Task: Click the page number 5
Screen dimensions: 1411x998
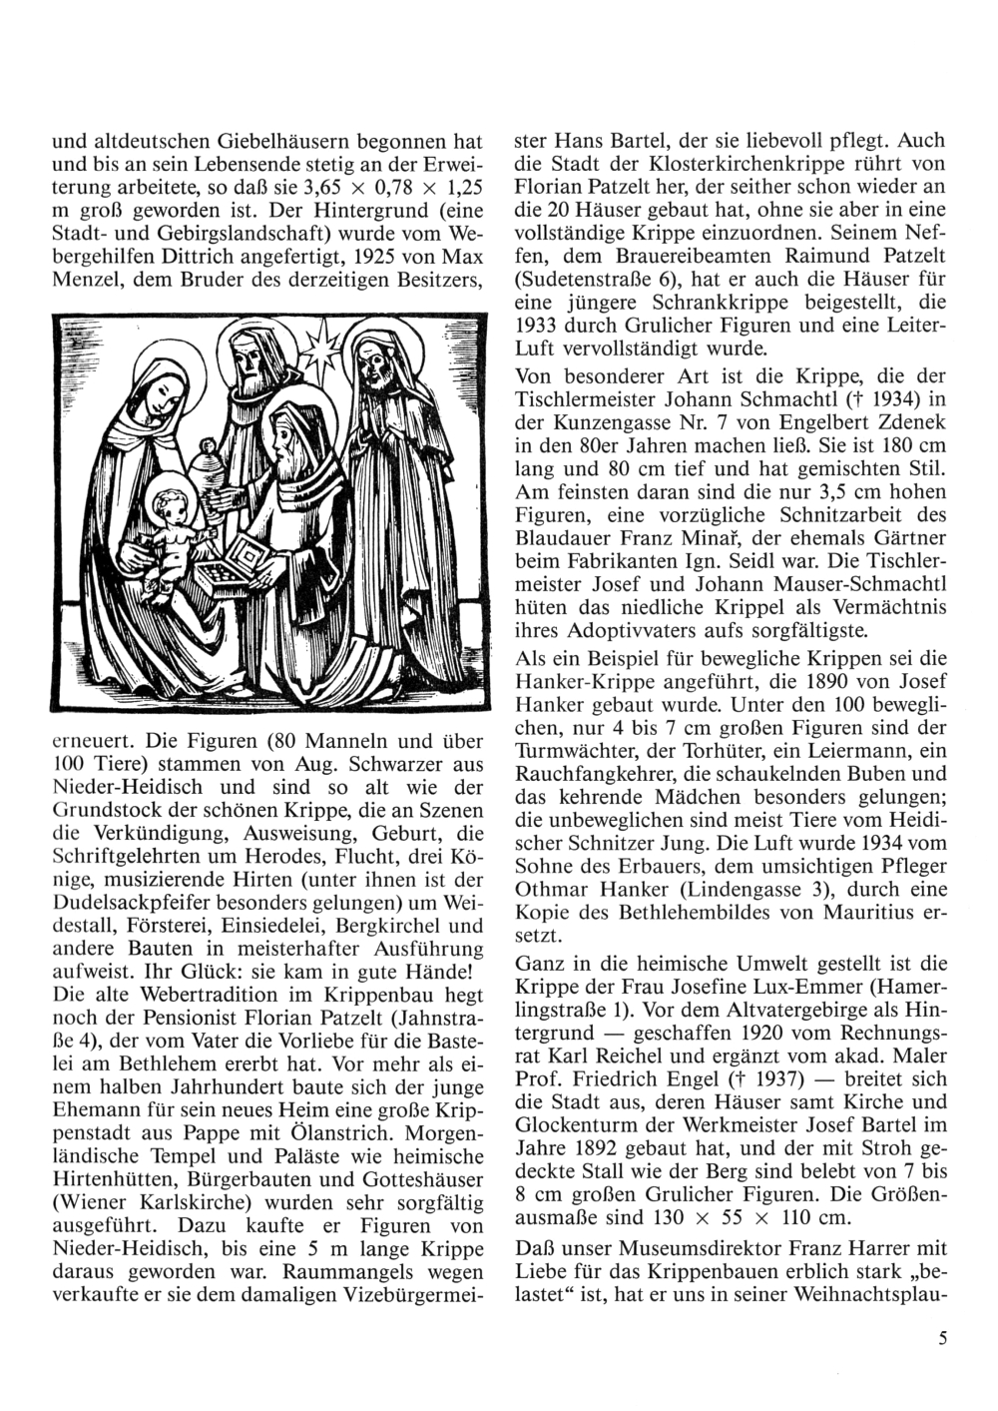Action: [x=942, y=1341]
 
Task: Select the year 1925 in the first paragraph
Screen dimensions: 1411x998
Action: [x=376, y=256]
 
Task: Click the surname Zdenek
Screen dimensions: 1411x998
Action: [x=903, y=423]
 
